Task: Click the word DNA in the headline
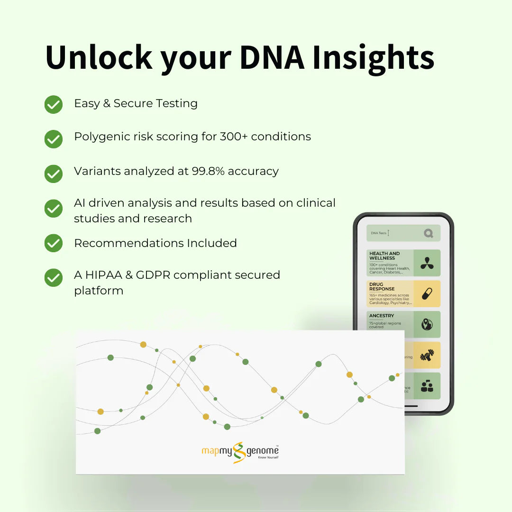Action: [x=271, y=57]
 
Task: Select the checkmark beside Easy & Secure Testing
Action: [x=54, y=104]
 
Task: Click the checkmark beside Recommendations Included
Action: [x=54, y=243]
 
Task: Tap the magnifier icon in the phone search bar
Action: [x=429, y=233]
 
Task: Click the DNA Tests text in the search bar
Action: [x=379, y=233]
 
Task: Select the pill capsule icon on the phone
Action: [x=427, y=293]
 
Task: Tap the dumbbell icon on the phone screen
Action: [x=427, y=355]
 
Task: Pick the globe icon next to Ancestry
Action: [x=427, y=324]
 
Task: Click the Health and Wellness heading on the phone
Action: [x=384, y=256]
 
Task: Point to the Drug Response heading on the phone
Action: [x=382, y=286]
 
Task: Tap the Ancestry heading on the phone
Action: [x=382, y=316]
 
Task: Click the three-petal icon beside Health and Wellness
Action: [x=427, y=263]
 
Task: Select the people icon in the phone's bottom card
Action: [x=427, y=386]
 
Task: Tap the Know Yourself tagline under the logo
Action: [x=268, y=457]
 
